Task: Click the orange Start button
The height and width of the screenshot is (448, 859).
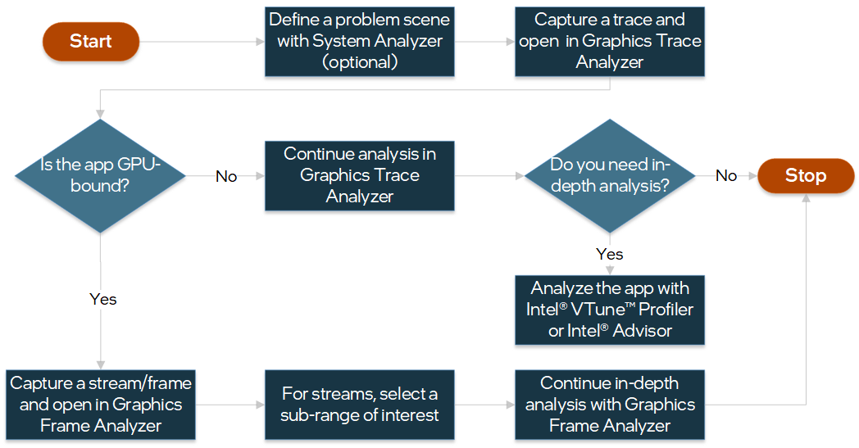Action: pyautogui.click(x=91, y=42)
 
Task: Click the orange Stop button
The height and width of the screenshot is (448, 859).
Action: pyautogui.click(x=806, y=175)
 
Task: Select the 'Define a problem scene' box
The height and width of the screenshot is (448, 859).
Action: pyautogui.click(x=359, y=42)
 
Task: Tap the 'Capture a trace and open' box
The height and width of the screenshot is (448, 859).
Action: pyautogui.click(x=610, y=42)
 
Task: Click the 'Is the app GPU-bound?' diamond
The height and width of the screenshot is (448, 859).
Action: pyautogui.click(x=100, y=175)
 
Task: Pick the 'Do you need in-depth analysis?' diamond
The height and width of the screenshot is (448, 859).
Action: pyautogui.click(x=610, y=175)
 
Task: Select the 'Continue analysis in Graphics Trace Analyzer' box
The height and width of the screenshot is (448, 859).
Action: pyautogui.click(x=359, y=175)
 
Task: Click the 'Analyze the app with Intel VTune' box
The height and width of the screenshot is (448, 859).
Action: pyautogui.click(x=610, y=310)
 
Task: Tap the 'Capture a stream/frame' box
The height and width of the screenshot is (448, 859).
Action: pyautogui.click(x=100, y=405)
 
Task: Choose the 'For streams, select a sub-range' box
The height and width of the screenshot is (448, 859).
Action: pyautogui.click(x=359, y=405)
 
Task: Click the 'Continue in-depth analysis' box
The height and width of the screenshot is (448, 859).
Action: pyautogui.click(x=610, y=405)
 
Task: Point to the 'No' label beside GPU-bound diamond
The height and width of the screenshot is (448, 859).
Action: pyautogui.click(x=226, y=176)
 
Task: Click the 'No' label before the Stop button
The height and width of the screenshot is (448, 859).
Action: pyautogui.click(x=726, y=175)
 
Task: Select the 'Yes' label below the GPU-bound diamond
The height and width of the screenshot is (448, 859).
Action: pyautogui.click(x=103, y=299)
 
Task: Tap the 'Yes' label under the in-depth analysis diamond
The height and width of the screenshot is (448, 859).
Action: pyautogui.click(x=610, y=254)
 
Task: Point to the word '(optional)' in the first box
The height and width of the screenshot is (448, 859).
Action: pyautogui.click(x=359, y=62)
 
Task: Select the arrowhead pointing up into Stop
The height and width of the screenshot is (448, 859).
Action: pyautogui.click(x=807, y=199)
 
